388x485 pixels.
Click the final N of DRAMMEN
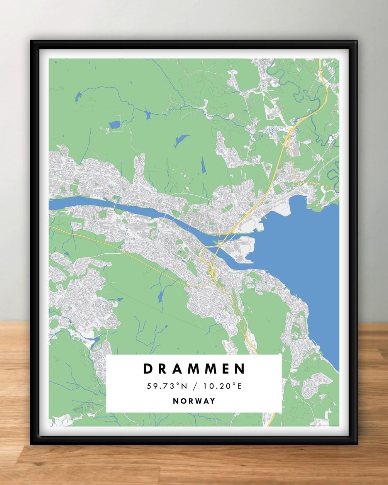pyautogui.click(x=240, y=369)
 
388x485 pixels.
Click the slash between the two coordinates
pyautogui.click(x=195, y=386)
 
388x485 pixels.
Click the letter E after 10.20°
pyautogui.click(x=239, y=386)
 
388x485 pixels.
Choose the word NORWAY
pyautogui.click(x=194, y=401)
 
